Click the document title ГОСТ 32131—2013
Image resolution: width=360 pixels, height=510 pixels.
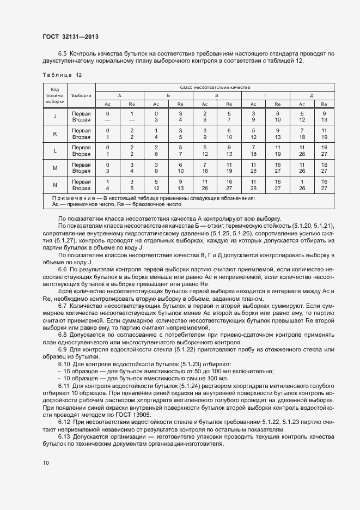70,37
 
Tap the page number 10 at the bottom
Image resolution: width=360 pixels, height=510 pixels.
46,463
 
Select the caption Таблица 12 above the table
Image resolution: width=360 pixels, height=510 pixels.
62,75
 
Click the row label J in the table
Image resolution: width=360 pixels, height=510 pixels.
55,117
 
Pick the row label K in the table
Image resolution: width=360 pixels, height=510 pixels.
55,133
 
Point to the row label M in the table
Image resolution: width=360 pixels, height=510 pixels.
55,168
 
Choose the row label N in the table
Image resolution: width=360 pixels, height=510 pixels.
55,185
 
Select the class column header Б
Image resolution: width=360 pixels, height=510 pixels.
168,95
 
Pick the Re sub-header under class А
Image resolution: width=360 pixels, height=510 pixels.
132,104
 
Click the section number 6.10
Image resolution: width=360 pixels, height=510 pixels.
64,363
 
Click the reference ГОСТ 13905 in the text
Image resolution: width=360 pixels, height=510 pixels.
120,414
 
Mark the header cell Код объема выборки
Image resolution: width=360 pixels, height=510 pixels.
55,95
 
